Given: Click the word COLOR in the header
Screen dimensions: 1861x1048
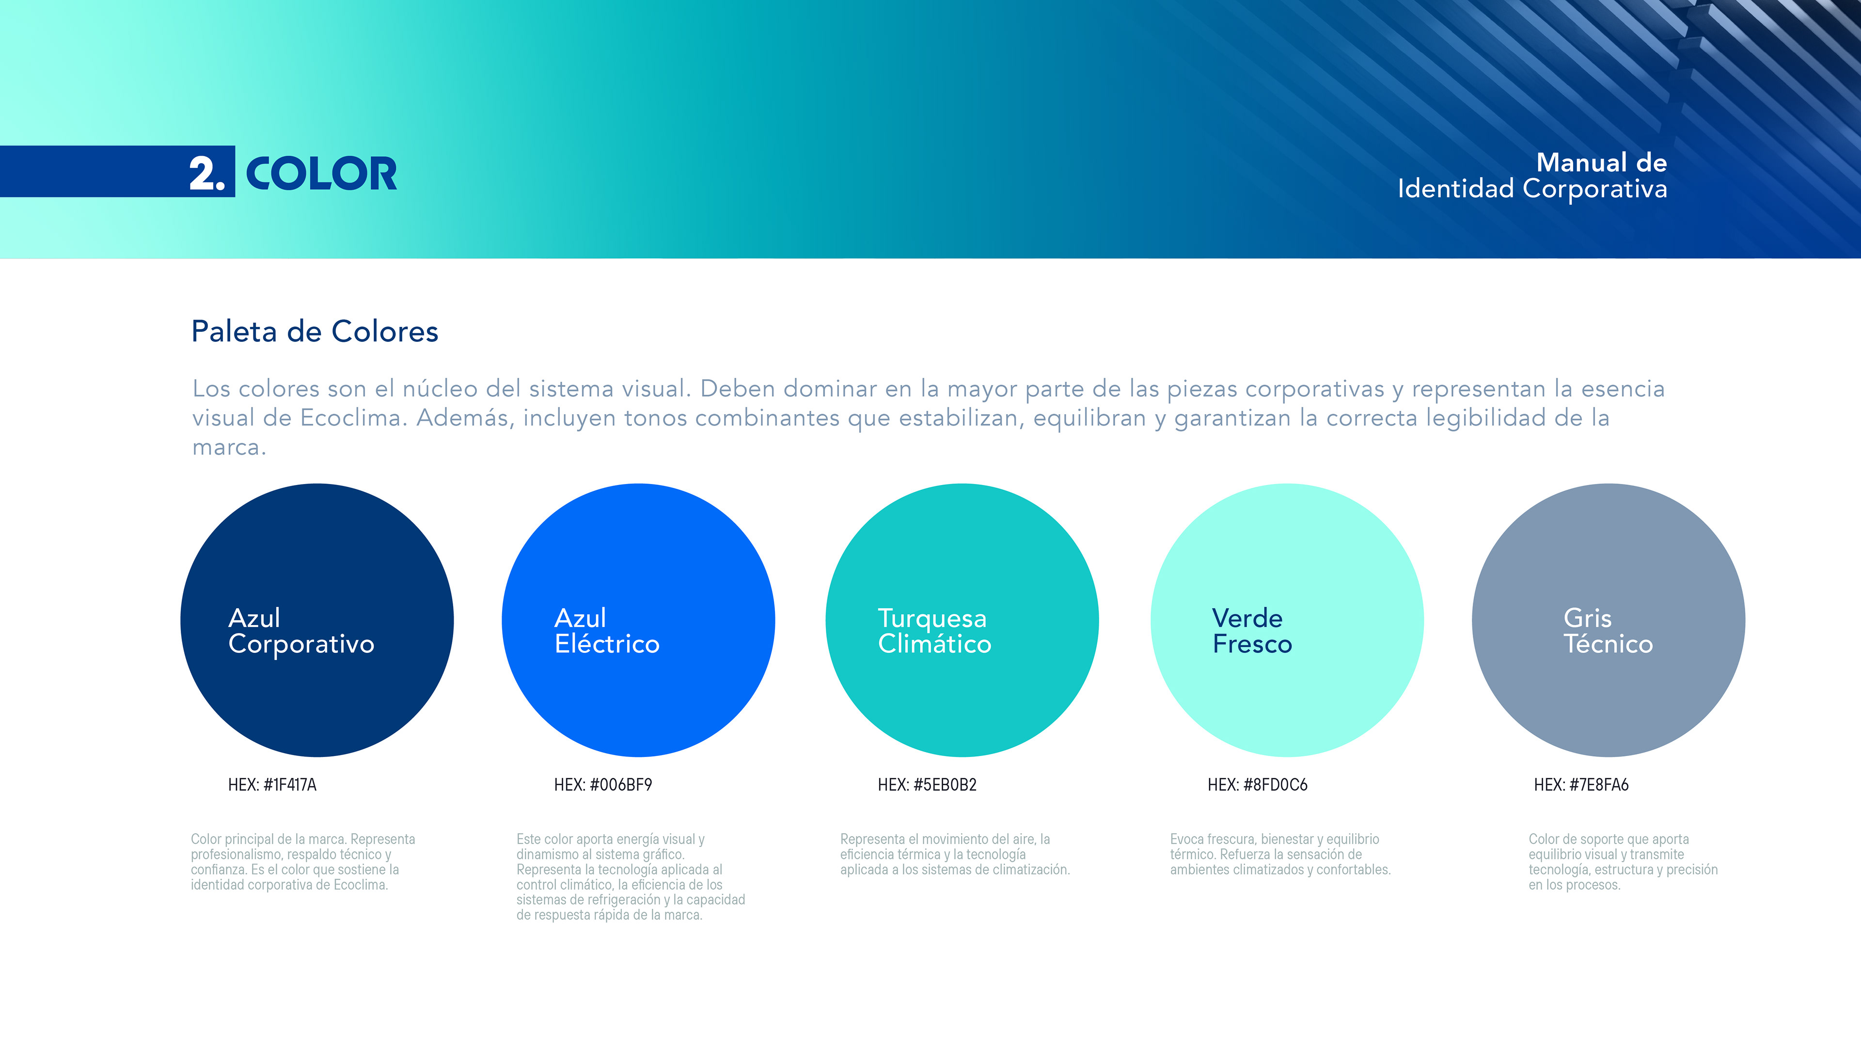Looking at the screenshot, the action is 321,174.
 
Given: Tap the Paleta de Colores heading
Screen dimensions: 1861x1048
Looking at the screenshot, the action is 314,332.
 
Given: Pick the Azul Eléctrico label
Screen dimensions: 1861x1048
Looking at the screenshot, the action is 607,631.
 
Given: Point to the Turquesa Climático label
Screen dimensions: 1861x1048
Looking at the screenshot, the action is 934,631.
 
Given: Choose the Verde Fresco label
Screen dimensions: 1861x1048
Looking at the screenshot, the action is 1251,631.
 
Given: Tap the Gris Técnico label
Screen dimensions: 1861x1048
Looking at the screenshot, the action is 1608,631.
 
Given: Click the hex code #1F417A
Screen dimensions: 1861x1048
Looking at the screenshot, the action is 290,785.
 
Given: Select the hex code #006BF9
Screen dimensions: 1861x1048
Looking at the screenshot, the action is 620,785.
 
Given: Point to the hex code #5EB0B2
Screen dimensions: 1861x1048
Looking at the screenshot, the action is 945,785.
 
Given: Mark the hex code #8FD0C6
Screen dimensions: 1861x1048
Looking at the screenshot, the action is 1275,785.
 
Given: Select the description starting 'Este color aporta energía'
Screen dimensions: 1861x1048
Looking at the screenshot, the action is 631,877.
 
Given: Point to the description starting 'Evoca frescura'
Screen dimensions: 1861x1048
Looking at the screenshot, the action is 1280,855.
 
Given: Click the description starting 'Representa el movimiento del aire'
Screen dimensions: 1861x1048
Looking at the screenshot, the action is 954,855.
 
